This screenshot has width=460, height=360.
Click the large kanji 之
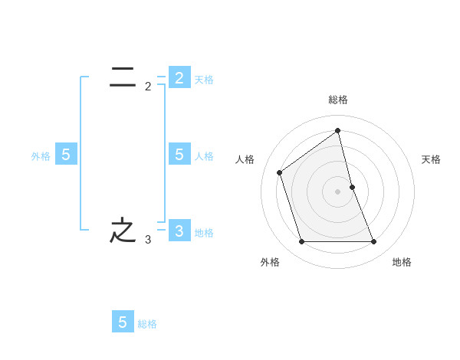(x=123, y=230)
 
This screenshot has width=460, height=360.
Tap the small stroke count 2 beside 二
(x=148, y=87)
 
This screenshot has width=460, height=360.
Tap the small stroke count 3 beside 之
(x=148, y=240)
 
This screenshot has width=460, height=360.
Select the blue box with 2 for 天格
(x=179, y=77)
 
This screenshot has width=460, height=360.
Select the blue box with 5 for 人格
(x=179, y=155)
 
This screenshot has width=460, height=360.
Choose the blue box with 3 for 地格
(x=179, y=231)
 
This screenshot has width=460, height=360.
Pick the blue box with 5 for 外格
(x=66, y=155)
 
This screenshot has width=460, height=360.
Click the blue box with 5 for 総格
(x=123, y=322)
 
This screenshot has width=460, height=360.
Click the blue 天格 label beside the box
(x=204, y=80)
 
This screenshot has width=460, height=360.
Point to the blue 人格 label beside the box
(x=204, y=156)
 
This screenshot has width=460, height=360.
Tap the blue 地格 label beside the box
(x=204, y=233)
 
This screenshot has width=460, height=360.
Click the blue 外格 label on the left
(x=41, y=156)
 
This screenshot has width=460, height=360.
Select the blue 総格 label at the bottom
(x=147, y=324)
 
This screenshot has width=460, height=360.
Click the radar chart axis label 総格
(x=338, y=100)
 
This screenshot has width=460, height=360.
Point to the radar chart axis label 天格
(x=432, y=159)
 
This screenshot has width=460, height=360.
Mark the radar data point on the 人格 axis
(x=280, y=172)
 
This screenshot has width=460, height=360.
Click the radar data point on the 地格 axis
(x=374, y=242)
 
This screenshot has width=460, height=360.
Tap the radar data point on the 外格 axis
(x=301, y=242)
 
